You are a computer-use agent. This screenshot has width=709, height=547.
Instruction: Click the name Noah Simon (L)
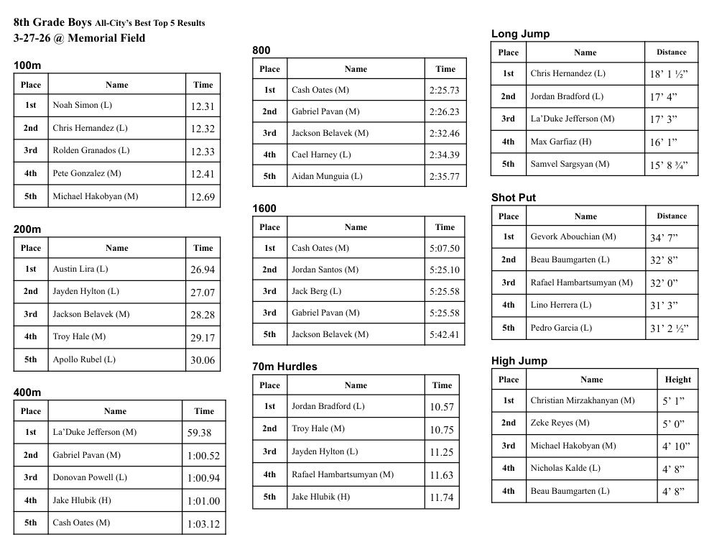coord(82,105)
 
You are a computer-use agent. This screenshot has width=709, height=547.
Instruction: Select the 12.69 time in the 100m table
coord(202,197)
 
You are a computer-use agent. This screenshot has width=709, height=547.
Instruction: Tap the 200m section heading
coord(27,229)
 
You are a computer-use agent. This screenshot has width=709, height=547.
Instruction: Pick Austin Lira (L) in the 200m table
coord(80,269)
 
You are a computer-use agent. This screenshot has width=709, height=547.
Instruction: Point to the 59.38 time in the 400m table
coord(199,433)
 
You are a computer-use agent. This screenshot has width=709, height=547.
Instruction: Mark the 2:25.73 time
coord(444,91)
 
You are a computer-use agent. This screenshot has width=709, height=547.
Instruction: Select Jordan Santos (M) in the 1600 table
coord(325,270)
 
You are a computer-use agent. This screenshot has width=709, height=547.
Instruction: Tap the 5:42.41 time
coord(444,334)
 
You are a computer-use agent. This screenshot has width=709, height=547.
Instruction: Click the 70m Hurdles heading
coord(284,367)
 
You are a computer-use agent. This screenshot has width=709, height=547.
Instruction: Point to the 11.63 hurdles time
coord(442,474)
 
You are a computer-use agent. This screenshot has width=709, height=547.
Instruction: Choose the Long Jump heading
coord(520,34)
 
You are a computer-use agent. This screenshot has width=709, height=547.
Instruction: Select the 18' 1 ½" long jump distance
coord(669,74)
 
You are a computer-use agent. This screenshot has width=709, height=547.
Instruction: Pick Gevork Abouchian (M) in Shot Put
coord(573,236)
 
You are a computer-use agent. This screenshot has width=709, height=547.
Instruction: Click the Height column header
coord(677,380)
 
